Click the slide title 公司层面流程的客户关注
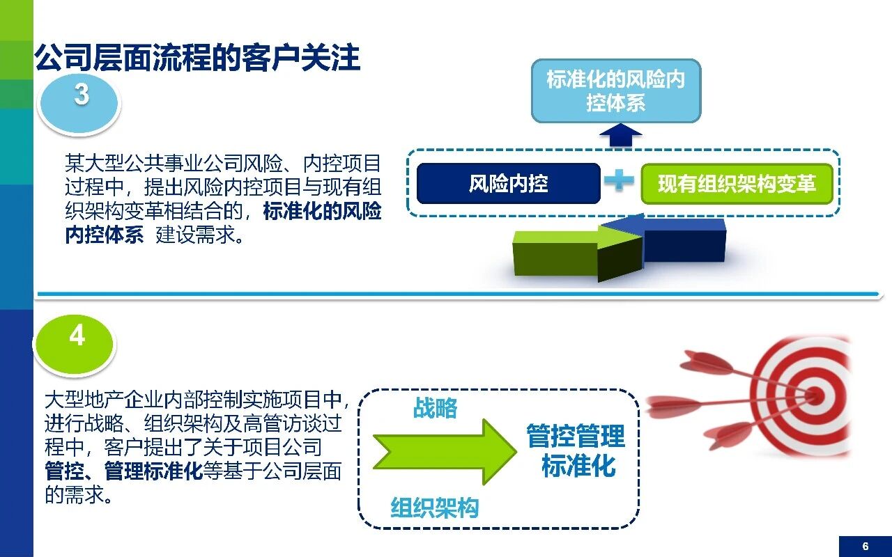click(197, 58)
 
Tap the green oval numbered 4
click(75, 338)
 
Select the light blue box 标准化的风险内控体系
click(616, 91)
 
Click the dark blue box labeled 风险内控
click(508, 184)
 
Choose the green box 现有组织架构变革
click(737, 184)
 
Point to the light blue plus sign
click(620, 181)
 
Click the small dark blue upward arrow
click(621, 135)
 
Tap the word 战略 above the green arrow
click(436, 408)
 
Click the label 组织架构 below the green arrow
click(435, 508)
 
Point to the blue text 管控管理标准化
click(576, 451)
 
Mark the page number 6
click(865, 546)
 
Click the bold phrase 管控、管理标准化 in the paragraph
click(123, 471)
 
